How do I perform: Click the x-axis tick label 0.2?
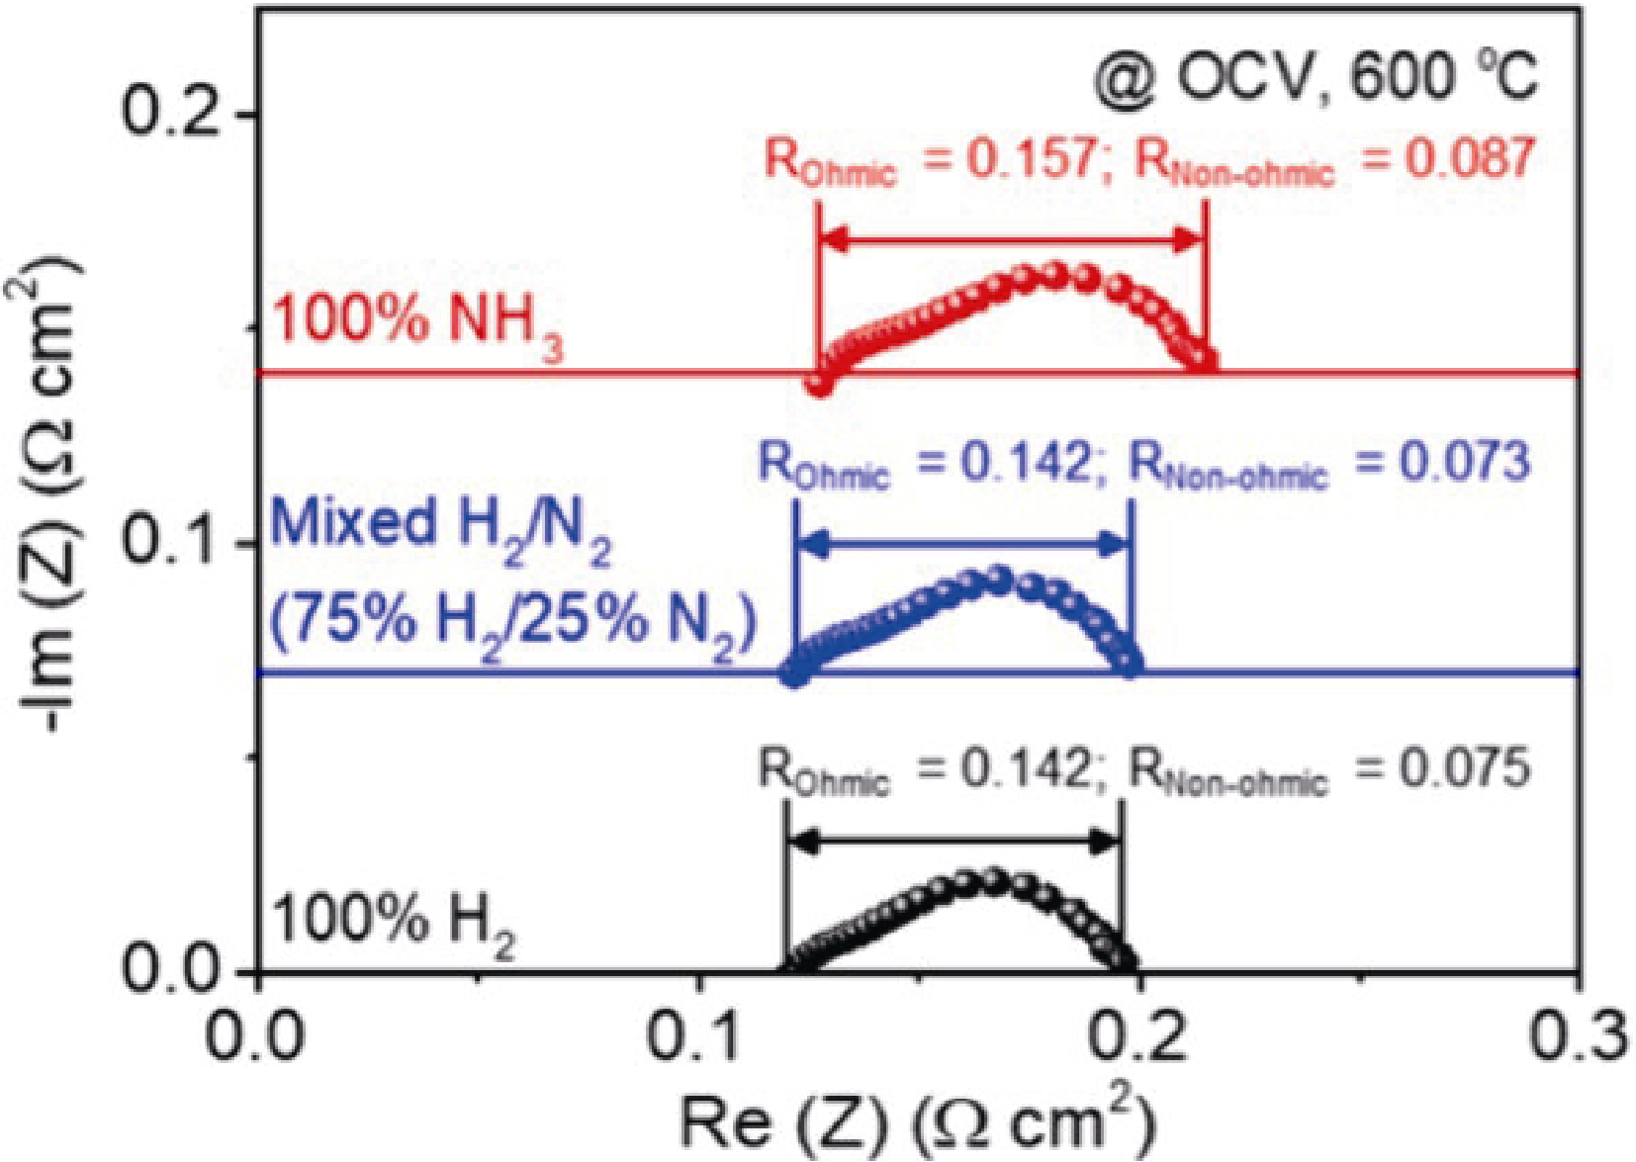click(1137, 1036)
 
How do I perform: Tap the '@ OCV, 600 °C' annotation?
click(1316, 76)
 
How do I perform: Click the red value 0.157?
click(1029, 158)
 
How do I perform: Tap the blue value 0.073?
click(1464, 462)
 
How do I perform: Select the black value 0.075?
click(1464, 768)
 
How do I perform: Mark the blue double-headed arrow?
click(963, 543)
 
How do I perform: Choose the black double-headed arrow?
click(954, 843)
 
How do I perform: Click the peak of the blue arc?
click(999, 579)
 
